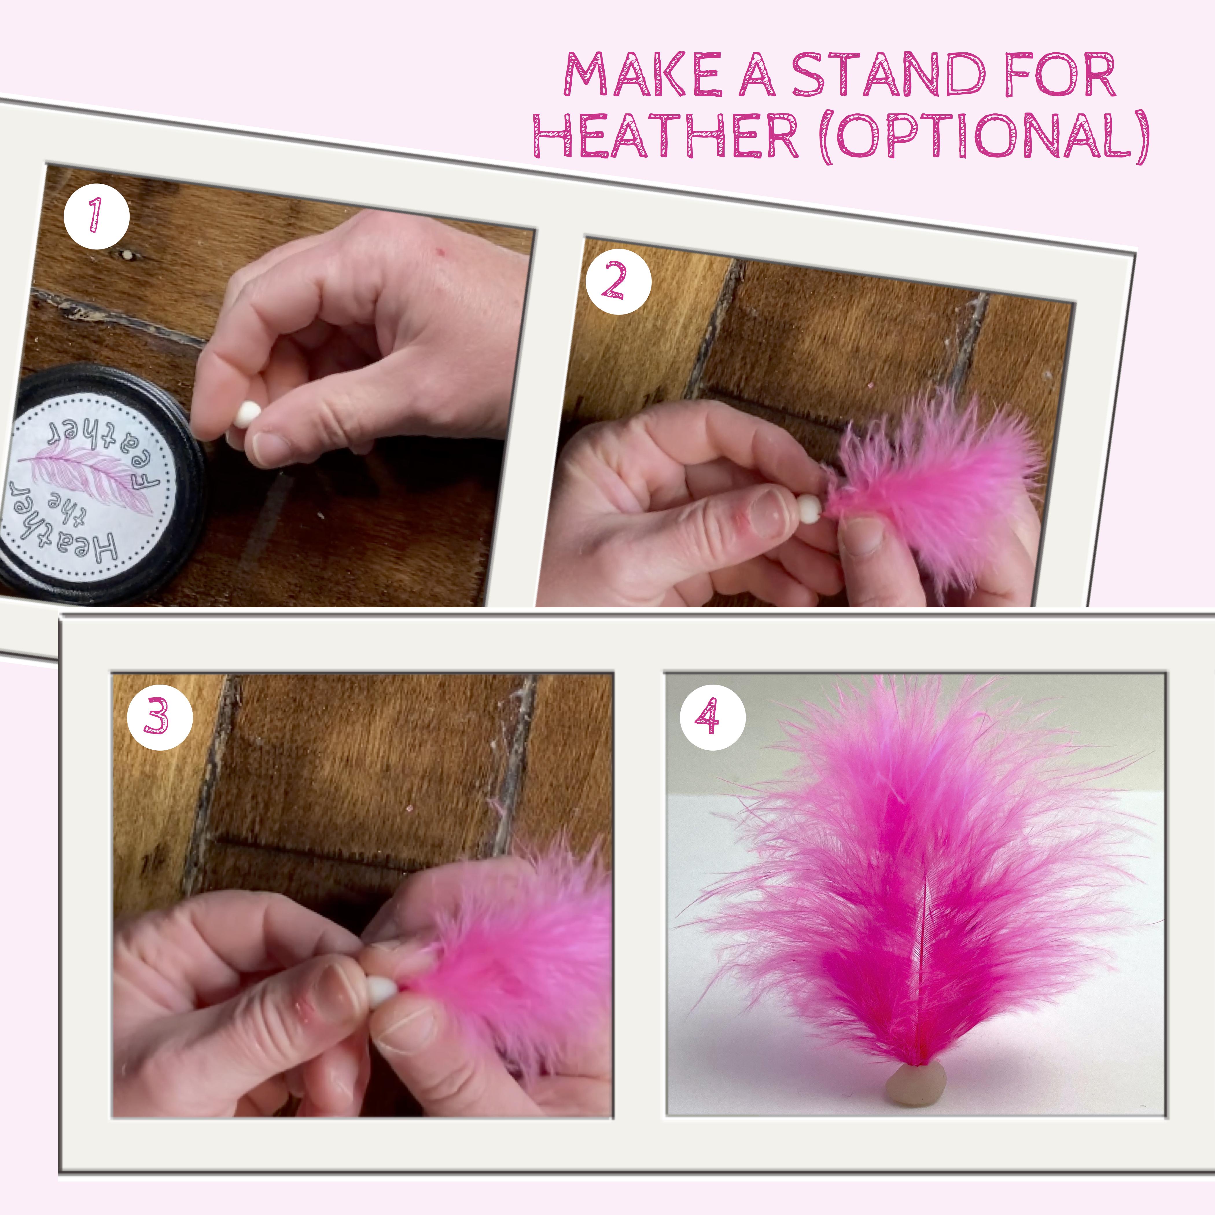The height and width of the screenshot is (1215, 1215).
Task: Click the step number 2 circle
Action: [618, 281]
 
